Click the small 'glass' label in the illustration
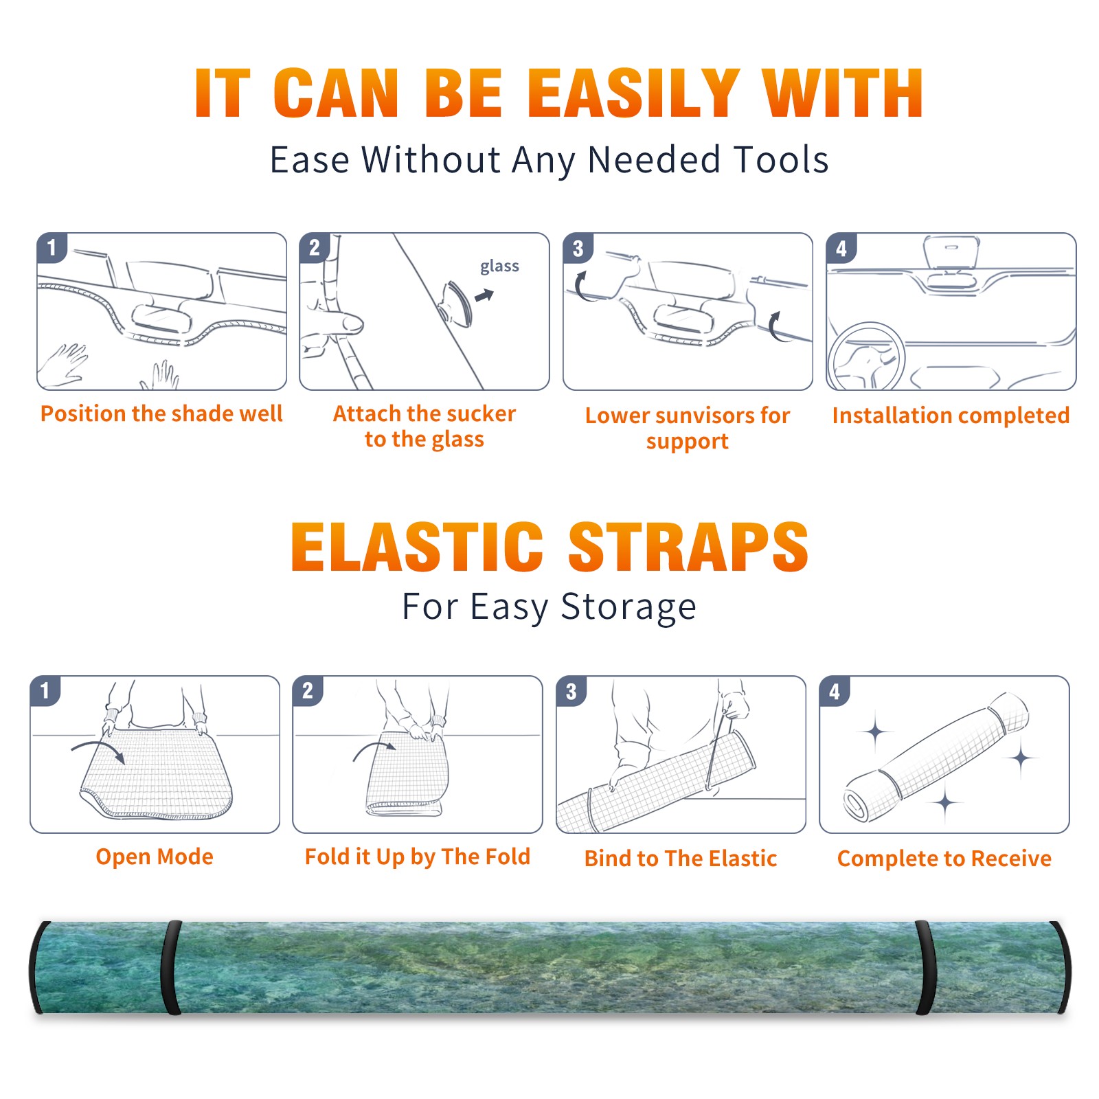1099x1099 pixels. click(499, 267)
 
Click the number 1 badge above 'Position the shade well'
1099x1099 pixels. click(52, 247)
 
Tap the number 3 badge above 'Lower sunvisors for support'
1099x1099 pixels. click(578, 247)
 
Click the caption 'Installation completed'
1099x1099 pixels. click(951, 415)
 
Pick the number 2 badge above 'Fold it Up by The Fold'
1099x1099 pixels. click(308, 690)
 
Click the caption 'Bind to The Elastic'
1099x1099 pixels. click(680, 858)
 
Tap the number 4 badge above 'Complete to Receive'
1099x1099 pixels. click(835, 691)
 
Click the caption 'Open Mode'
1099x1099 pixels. click(155, 857)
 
